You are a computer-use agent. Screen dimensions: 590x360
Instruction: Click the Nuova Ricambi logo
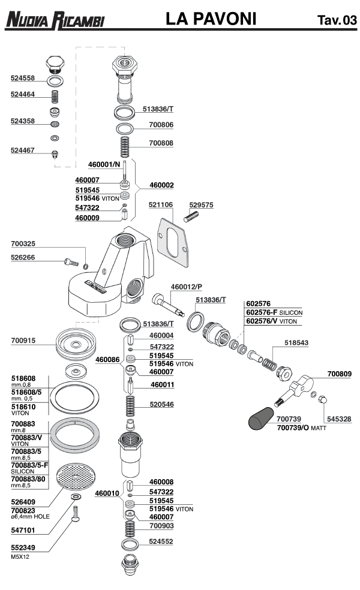[x=55, y=20]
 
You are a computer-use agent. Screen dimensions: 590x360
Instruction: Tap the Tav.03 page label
[x=337, y=22]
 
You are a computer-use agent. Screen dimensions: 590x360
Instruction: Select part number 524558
[x=23, y=79]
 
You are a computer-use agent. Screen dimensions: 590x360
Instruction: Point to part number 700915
[x=23, y=341]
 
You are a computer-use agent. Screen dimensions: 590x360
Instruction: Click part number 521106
[x=161, y=205]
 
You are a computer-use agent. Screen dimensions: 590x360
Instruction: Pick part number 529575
[x=202, y=205]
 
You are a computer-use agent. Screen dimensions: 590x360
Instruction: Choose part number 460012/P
[x=186, y=287]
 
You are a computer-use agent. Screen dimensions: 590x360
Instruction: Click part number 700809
[x=340, y=374]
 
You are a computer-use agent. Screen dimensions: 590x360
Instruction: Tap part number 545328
[x=338, y=419]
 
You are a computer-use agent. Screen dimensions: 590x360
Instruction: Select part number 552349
[x=23, y=548]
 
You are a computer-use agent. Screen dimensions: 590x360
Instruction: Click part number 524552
[x=161, y=541]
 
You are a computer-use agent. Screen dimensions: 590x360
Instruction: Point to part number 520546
[x=162, y=405]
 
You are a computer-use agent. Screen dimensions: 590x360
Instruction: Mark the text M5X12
[x=20, y=557]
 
